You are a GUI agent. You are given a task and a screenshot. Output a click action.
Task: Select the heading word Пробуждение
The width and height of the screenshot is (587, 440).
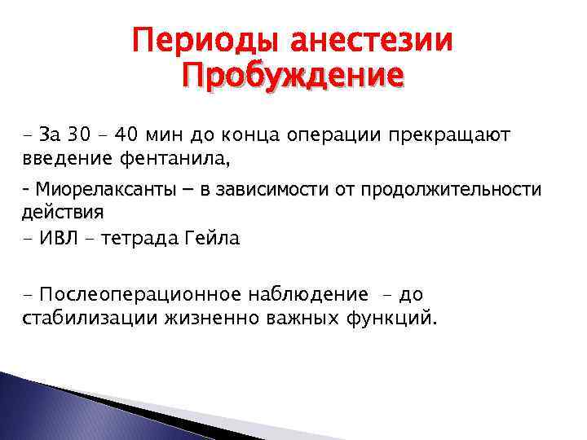click(x=293, y=77)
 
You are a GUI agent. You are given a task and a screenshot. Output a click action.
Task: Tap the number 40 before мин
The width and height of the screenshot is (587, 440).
click(x=126, y=132)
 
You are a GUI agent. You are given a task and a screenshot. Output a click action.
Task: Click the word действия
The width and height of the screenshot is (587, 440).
click(x=57, y=212)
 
